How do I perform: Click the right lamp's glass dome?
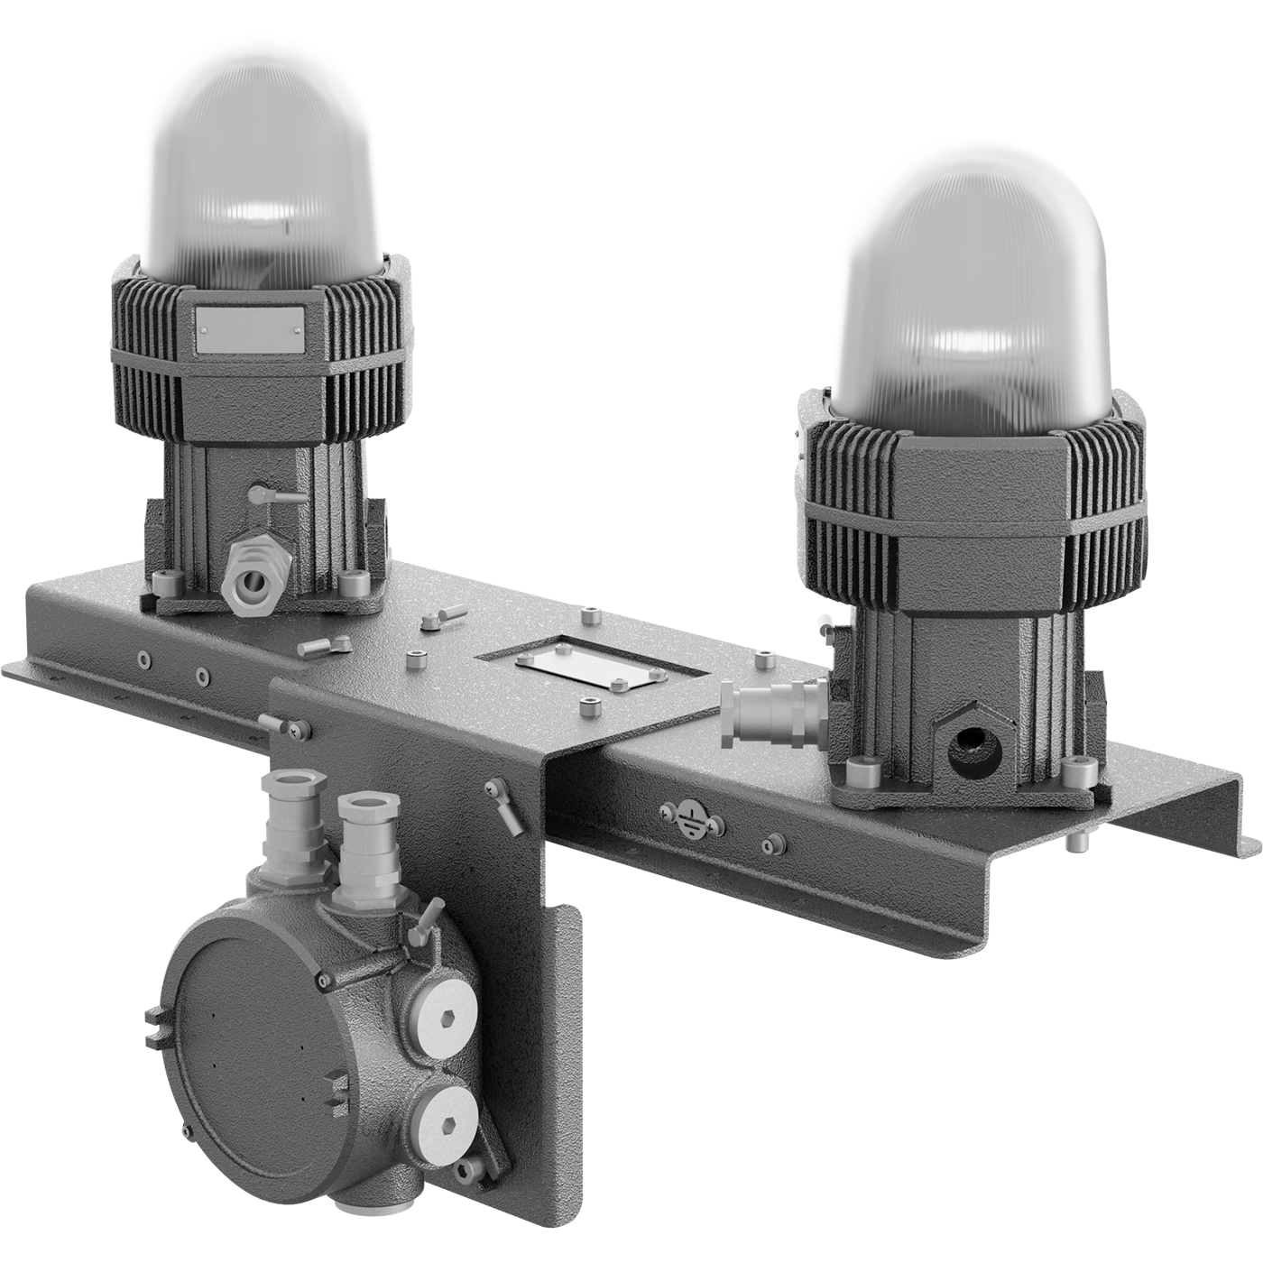coord(970,298)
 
